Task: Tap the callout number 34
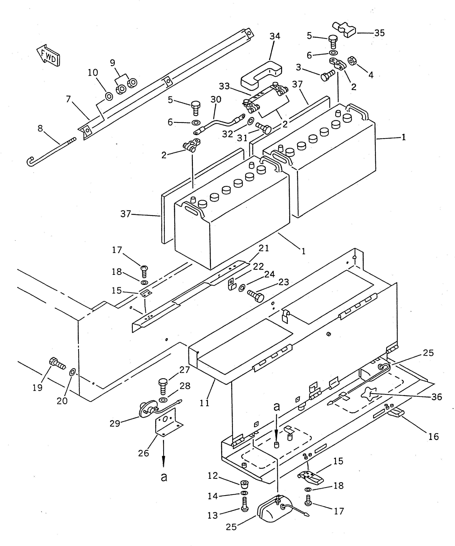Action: coord(275,36)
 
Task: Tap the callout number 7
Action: coord(68,99)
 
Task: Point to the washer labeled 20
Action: coord(72,372)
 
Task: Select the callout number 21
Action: coord(264,249)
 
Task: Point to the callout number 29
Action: coord(115,424)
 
